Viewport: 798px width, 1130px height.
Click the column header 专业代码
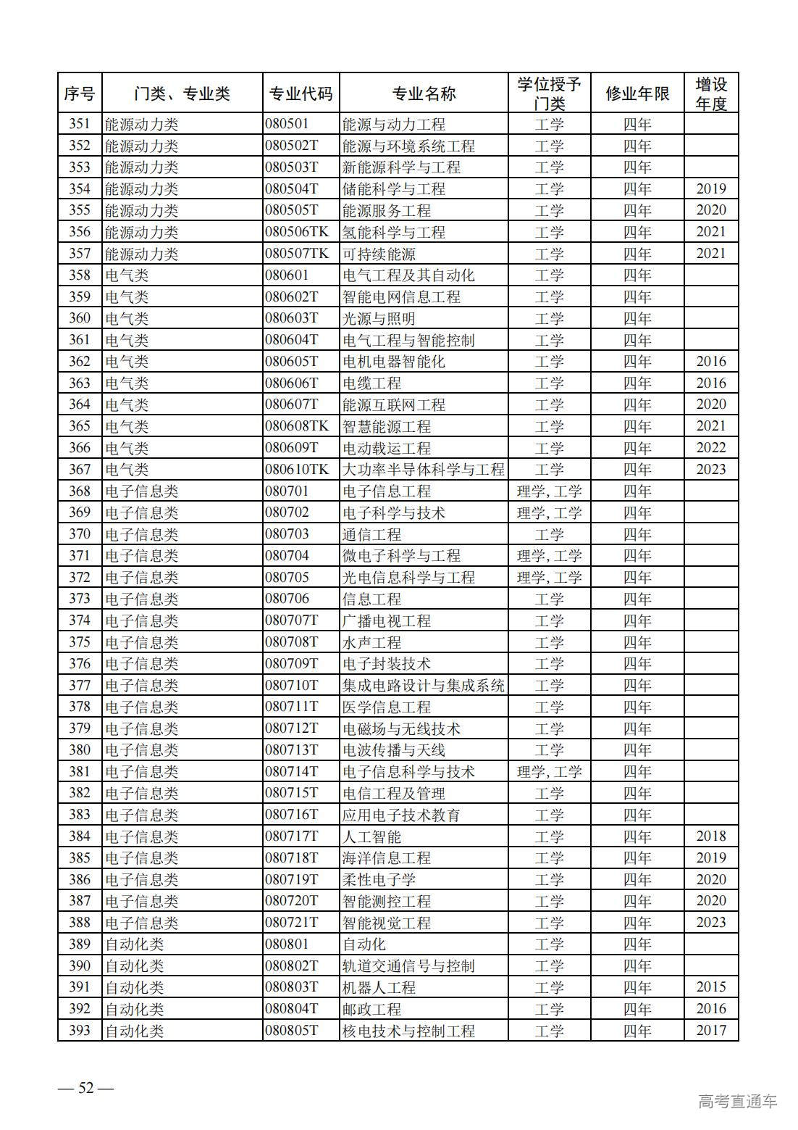[x=301, y=94]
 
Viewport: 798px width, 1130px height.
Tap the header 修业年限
[x=637, y=94]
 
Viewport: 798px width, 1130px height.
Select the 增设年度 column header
[x=710, y=94]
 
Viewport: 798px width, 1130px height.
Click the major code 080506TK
[x=297, y=232]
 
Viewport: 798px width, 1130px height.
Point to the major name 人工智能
[x=371, y=836]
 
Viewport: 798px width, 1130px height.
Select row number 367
[x=80, y=470]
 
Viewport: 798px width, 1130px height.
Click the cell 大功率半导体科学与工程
[x=423, y=470]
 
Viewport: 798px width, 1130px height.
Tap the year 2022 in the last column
[x=710, y=448]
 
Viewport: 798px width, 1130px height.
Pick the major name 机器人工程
[x=379, y=987]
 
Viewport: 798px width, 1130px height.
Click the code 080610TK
[x=297, y=470]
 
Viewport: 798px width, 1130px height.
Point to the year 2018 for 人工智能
[x=710, y=836]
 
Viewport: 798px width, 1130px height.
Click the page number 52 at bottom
[x=86, y=1088]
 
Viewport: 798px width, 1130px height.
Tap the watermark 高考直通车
[x=737, y=1101]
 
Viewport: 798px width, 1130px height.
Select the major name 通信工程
[x=371, y=534]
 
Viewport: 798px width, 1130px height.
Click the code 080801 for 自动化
[x=287, y=944]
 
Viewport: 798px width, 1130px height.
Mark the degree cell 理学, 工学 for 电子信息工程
[x=549, y=491]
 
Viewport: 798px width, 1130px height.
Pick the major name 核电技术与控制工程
[x=408, y=1031]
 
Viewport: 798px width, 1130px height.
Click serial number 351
[x=80, y=124]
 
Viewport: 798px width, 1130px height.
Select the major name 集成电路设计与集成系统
[x=423, y=686]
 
